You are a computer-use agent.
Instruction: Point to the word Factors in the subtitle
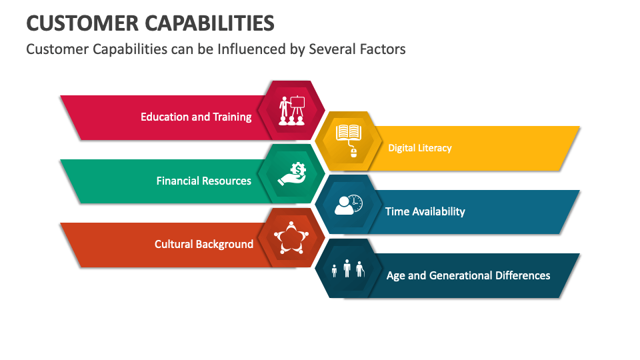coord(381,49)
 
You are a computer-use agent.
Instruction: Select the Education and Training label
coord(196,117)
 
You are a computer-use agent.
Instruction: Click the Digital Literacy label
coord(420,148)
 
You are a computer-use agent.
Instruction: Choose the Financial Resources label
coord(204,181)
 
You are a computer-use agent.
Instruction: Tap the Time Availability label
coord(425,211)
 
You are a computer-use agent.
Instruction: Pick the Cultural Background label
coord(204,244)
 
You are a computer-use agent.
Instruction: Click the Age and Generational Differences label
coord(469,275)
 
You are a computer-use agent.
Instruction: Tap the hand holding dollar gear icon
coord(292,175)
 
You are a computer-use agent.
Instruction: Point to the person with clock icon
coord(349,205)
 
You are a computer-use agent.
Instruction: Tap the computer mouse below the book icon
coord(353,153)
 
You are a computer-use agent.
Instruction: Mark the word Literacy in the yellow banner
coord(435,148)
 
